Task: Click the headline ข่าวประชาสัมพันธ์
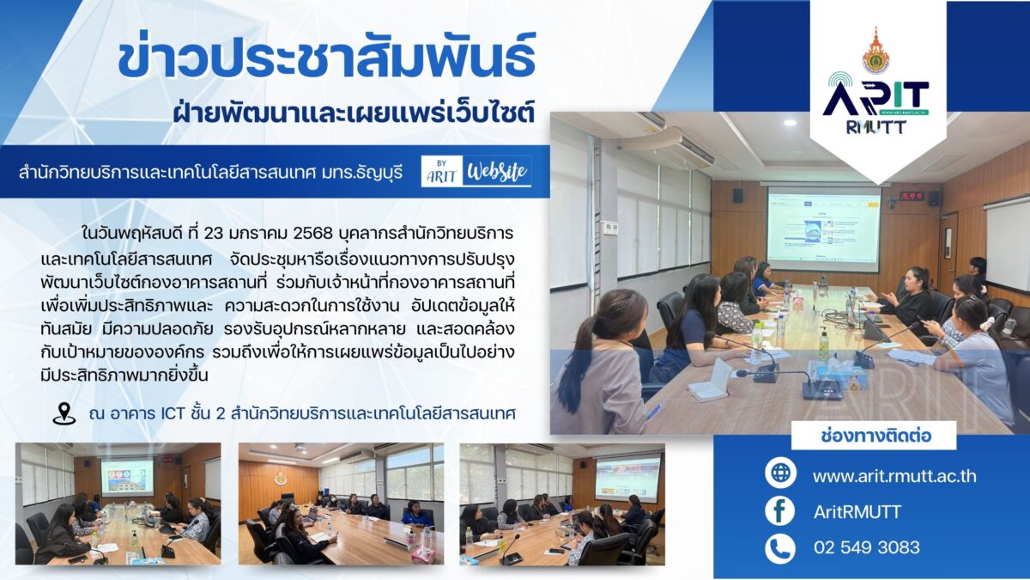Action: click(x=326, y=57)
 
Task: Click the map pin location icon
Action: click(x=64, y=413)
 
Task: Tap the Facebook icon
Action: click(x=780, y=511)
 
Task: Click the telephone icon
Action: click(x=780, y=548)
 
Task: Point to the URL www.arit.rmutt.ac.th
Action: click(x=894, y=475)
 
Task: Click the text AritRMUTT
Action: click(x=857, y=512)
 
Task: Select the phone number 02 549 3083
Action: click(x=867, y=547)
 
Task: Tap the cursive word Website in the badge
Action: click(x=497, y=172)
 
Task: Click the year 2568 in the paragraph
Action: click(x=312, y=234)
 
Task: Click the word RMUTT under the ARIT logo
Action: click(x=876, y=126)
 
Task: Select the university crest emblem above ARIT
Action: click(x=875, y=51)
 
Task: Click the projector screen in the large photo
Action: click(x=824, y=229)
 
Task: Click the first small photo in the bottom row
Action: click(x=118, y=504)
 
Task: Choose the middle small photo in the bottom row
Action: click(x=341, y=504)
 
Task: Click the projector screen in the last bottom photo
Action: click(x=627, y=479)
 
